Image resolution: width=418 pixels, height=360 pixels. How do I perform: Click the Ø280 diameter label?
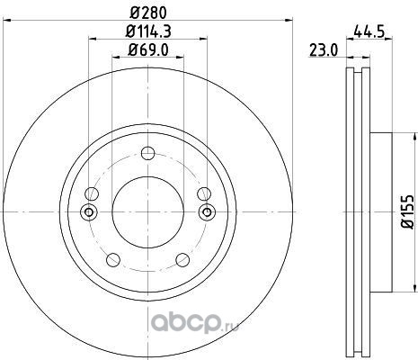click(148, 13)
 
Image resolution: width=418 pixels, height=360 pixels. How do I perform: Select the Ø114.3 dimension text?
click(148, 31)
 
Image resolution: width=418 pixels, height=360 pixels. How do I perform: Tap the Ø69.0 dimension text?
click(148, 49)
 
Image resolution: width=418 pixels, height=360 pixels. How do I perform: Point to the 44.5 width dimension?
click(369, 31)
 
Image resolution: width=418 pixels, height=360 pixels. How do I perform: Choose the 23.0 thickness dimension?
click(324, 50)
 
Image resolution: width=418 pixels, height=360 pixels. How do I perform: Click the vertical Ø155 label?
click(407, 211)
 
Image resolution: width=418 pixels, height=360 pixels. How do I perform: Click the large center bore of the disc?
click(147, 212)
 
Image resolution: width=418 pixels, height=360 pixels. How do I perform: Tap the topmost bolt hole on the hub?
click(147, 153)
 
